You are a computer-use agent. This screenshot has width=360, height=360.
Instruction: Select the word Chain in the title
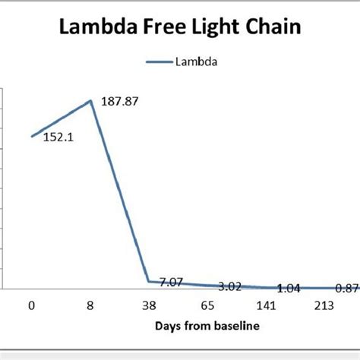click(273, 31)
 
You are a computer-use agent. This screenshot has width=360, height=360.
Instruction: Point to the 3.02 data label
click(230, 286)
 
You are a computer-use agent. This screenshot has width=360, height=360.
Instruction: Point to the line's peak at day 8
click(91, 101)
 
